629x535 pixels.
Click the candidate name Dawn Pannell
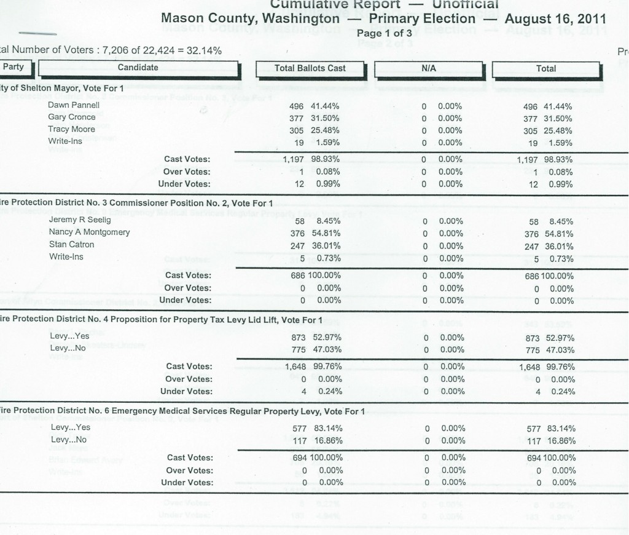pyautogui.click(x=69, y=105)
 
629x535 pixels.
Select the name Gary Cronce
pyautogui.click(x=72, y=117)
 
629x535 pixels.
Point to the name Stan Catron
pyautogui.click(x=72, y=244)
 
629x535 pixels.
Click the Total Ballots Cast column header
pyautogui.click(x=310, y=68)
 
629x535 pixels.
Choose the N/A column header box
pyautogui.click(x=428, y=68)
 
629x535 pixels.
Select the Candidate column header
pyautogui.click(x=138, y=68)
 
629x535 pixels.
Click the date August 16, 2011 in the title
pyautogui.click(x=555, y=18)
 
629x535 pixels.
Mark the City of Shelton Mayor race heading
pyautogui.click(x=61, y=88)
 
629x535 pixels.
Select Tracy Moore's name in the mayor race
pyautogui.click(x=71, y=129)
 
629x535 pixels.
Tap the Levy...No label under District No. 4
pyautogui.click(x=68, y=348)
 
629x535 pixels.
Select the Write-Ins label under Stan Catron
pyautogui.click(x=66, y=256)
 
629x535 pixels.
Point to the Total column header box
pyautogui.click(x=546, y=68)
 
